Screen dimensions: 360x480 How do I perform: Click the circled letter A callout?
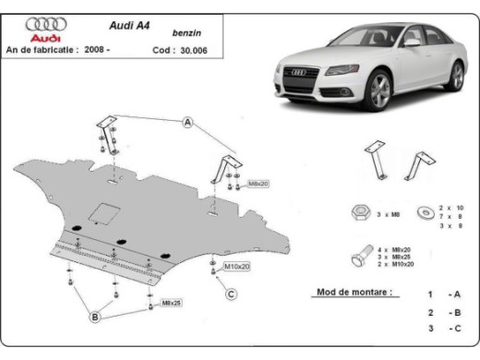pos(187,123)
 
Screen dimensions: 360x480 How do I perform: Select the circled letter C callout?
pos(232,294)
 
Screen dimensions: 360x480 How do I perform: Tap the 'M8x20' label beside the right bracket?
pos(257,185)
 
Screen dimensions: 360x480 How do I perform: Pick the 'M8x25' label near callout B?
pos(171,303)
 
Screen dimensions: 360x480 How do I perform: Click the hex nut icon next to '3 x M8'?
pos(359,213)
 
